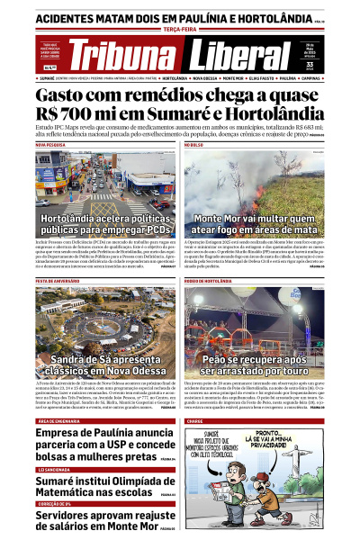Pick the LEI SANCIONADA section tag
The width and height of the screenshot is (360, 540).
point(55,470)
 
